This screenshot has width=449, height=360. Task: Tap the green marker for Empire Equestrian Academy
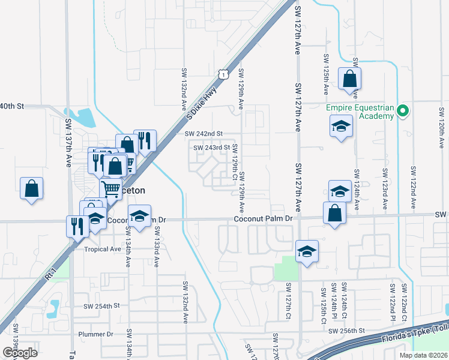click(403, 110)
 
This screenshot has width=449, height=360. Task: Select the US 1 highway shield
click(223, 73)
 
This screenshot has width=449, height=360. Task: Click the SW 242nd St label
click(203, 134)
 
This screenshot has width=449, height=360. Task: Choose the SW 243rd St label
click(212, 148)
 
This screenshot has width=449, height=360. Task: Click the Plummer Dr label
click(95, 334)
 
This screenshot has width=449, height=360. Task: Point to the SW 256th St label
click(351, 331)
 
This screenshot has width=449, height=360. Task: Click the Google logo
click(20, 353)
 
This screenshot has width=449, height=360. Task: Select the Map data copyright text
click(423, 355)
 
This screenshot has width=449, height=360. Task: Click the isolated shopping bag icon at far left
click(32, 188)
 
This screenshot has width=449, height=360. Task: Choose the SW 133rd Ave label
click(156, 247)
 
